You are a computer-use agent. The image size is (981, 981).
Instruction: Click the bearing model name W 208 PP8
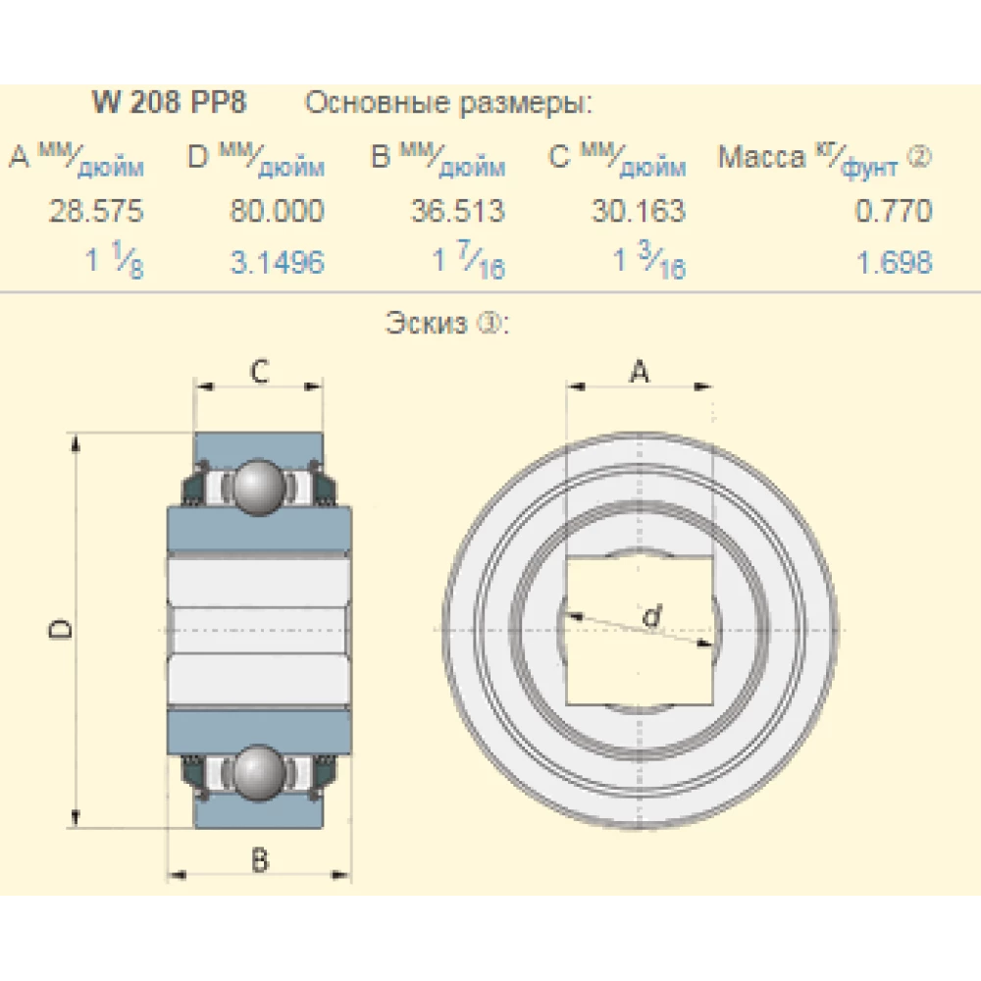click(168, 103)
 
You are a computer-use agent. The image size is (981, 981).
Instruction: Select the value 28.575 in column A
click(97, 211)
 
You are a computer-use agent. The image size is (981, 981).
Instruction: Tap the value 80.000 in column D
click(277, 211)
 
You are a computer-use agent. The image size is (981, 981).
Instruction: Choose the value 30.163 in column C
click(638, 211)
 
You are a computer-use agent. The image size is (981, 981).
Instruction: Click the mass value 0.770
click(893, 211)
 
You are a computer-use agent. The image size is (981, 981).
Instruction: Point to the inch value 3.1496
click(277, 263)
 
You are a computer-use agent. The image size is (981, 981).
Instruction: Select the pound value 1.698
click(893, 263)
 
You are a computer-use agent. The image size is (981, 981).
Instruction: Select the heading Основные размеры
click(449, 103)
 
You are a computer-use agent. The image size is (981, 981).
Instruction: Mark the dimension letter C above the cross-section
click(259, 371)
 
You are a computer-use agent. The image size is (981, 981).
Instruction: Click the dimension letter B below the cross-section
click(259, 860)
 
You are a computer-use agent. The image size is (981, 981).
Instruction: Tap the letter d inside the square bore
click(649, 617)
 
